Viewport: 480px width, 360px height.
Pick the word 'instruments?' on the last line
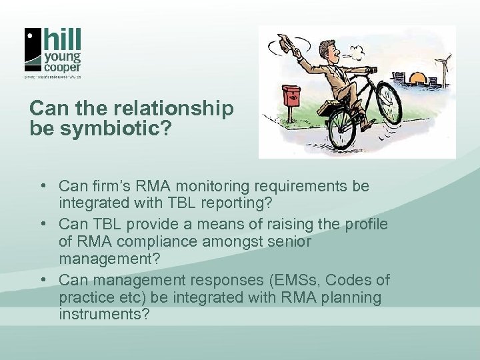(103, 313)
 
